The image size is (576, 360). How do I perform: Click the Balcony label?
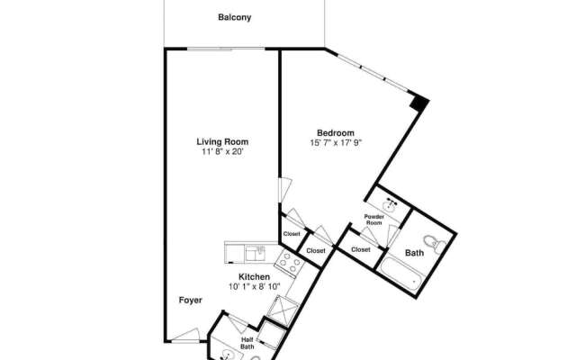point(234,17)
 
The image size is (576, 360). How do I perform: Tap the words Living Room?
point(222,141)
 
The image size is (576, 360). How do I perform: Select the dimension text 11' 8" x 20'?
point(222,152)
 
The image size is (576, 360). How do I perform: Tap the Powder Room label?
point(374,220)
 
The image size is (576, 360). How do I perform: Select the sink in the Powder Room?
point(389,203)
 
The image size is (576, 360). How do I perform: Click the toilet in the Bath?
point(432,240)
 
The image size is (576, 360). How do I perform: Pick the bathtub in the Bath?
point(400,274)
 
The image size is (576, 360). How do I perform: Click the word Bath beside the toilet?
point(414,253)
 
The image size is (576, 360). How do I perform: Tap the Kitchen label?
point(254,276)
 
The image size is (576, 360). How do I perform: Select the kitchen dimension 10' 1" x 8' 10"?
point(254,287)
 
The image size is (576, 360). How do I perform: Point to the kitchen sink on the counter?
point(257,249)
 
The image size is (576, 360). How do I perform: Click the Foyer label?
point(189,300)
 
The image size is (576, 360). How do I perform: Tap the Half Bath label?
point(247,343)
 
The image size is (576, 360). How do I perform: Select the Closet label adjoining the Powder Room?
point(361,249)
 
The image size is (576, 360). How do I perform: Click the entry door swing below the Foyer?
point(186,335)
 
